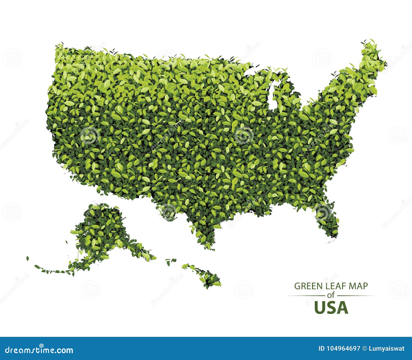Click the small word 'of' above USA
(x=331, y=296)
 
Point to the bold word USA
(x=331, y=308)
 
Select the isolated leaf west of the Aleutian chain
(x=28, y=258)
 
